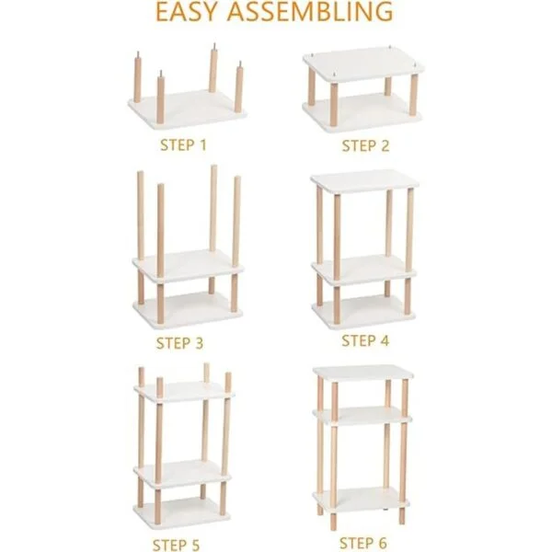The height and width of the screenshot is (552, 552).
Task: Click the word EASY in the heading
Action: [186, 11]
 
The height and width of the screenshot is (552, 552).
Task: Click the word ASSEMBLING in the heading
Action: [310, 11]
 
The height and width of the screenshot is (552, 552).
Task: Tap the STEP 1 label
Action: [183, 145]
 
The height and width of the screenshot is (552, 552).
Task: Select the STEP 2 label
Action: [365, 145]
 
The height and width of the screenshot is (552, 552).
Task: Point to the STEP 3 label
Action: [179, 343]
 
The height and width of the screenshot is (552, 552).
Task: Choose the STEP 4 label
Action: [365, 340]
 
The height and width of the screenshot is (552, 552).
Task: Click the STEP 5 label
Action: [176, 545]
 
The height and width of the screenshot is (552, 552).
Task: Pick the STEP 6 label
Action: [363, 543]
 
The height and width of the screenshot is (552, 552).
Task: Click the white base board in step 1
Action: [187, 109]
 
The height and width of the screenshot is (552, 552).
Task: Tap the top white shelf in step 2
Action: [363, 64]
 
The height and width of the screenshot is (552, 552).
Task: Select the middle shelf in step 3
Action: [189, 266]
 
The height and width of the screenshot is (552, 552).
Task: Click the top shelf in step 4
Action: [364, 181]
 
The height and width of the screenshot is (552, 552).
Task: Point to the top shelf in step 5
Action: [183, 392]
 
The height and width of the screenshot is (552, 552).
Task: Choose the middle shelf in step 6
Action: [362, 416]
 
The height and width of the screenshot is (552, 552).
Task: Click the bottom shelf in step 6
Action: [362, 500]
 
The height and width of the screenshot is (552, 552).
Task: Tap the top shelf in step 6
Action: [363, 374]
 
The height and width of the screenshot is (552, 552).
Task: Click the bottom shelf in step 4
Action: [364, 311]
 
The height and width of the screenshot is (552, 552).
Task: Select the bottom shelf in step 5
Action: [181, 512]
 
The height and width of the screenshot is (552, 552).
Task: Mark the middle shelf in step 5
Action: [182, 474]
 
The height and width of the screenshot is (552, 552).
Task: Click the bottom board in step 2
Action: [362, 113]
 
